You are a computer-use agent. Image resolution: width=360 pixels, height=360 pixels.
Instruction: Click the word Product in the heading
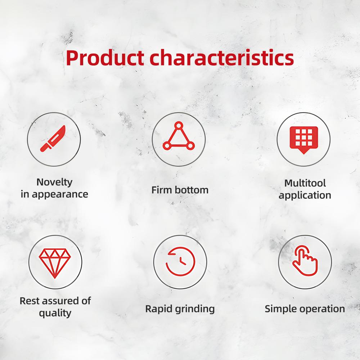point(105,58)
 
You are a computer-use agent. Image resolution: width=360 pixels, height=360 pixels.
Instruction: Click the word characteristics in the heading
point(222,58)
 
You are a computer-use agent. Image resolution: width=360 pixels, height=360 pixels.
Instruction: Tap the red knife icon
point(53,139)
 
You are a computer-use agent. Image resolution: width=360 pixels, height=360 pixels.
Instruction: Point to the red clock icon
point(180,261)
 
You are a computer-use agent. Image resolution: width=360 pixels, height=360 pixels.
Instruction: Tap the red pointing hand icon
point(305,261)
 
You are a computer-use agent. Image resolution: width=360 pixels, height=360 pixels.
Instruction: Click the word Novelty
point(54,183)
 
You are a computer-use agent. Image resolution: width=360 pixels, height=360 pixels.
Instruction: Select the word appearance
point(60,195)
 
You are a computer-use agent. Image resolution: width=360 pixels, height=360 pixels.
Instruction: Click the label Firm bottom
point(180,190)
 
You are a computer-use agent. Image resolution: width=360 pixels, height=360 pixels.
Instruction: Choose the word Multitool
point(305,183)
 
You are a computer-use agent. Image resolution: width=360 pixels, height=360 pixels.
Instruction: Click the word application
point(305,195)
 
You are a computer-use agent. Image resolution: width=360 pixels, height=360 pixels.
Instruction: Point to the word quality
point(55,313)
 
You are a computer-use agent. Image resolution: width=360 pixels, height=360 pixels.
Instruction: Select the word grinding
point(195,309)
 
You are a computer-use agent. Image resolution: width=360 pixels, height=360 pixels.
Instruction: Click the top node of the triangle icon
point(179,125)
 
